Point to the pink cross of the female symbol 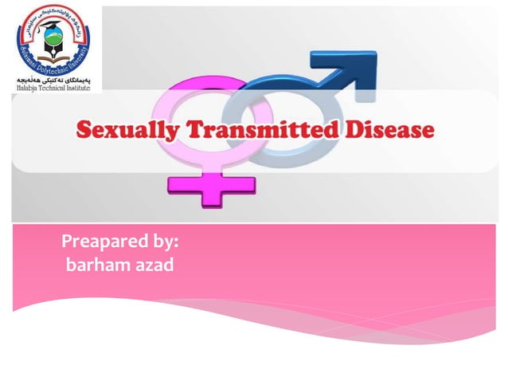211,186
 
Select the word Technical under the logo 53,88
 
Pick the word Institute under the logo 79,88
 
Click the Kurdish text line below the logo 51,81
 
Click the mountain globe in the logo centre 51,42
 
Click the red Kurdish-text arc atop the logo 51,13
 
